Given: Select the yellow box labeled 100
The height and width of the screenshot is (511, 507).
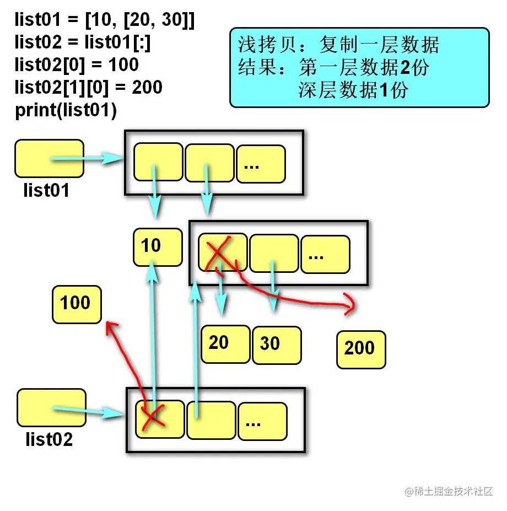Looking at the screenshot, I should (77, 304).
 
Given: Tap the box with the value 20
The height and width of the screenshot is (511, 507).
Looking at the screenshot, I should (225, 344).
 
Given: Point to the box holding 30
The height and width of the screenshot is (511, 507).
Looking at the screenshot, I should (276, 345).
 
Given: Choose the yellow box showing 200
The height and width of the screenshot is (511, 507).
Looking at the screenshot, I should (361, 349).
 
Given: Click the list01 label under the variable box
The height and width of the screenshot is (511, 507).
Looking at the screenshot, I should (46, 190).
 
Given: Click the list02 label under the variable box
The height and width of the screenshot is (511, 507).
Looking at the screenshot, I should (49, 439).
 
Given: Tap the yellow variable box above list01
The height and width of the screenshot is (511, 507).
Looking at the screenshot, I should (49, 158).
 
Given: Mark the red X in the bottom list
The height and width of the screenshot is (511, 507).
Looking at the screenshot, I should (153, 418).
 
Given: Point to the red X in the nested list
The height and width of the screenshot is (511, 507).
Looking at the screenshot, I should (219, 252).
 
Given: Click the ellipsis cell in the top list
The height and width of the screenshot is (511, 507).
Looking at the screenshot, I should (261, 164).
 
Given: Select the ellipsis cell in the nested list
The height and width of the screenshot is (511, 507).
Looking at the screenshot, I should (325, 254).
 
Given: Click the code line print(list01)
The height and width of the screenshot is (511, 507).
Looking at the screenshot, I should (66, 110).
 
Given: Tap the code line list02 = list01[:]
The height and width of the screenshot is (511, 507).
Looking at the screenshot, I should (83, 43).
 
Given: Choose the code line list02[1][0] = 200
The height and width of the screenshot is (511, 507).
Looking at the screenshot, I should (88, 87).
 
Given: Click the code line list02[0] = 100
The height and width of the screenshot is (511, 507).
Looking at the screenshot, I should (77, 65).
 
